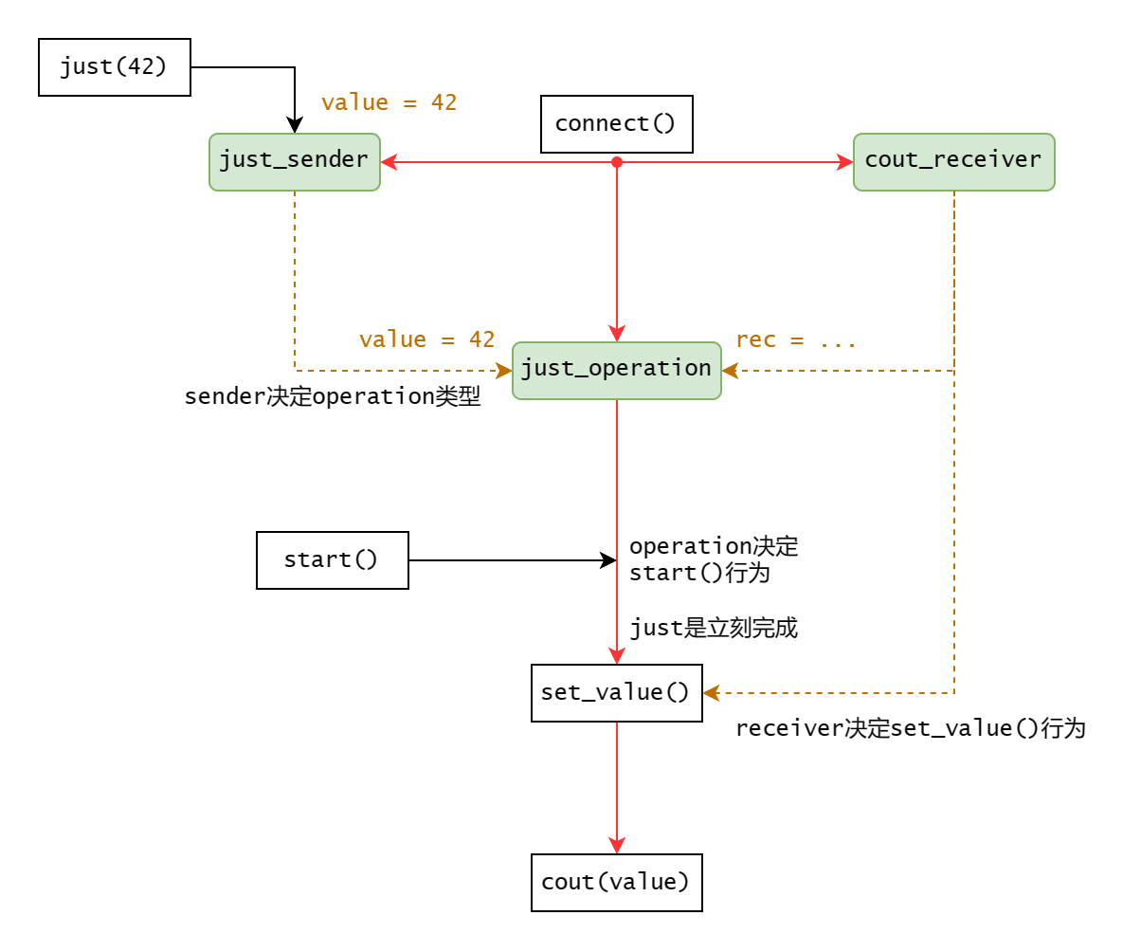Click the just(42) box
(115, 67)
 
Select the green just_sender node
(295, 162)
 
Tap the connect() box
(617, 124)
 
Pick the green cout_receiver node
(953, 162)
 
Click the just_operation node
(617, 370)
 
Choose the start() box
(333, 560)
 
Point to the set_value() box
(617, 693)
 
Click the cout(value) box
(617, 883)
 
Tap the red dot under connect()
(617, 162)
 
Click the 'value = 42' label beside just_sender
(389, 102)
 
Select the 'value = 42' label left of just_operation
(426, 339)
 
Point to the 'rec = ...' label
(796, 339)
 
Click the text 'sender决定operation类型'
(333, 396)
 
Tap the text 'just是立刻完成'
(714, 628)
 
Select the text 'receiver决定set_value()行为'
(910, 728)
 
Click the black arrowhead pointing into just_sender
(295, 126)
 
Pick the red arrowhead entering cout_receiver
(845, 162)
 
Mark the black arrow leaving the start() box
(512, 560)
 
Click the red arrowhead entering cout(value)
(617, 846)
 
